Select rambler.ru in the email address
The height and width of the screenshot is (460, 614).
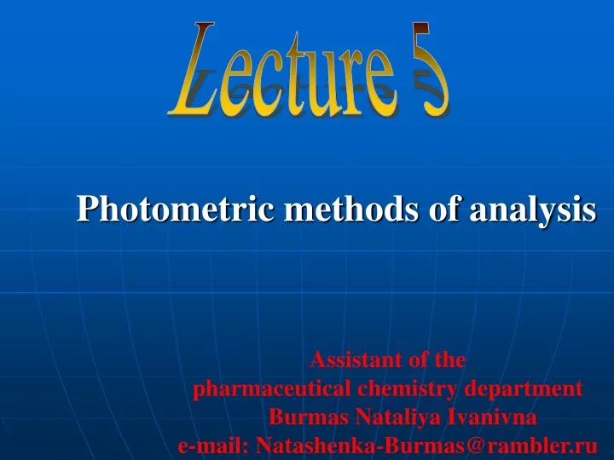pos(554,445)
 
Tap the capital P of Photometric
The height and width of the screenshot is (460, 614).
pos(86,209)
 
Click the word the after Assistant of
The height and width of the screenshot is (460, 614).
pos(449,360)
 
